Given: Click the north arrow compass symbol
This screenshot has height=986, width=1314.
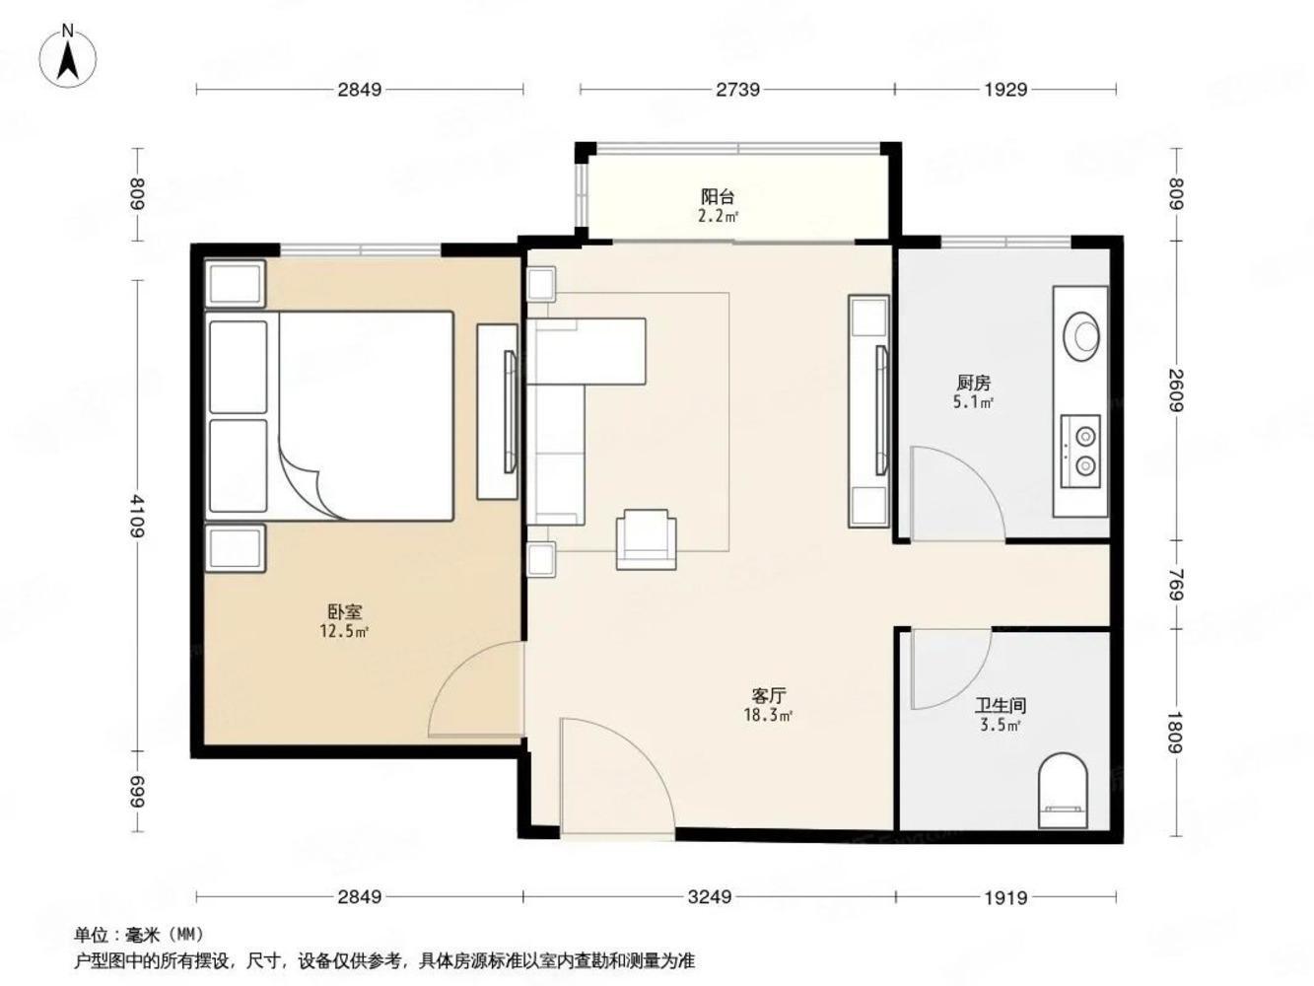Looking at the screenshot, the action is point(68,55).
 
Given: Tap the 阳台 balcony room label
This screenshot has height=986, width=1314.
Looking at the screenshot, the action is point(718,196).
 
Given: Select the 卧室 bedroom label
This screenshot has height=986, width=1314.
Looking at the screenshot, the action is point(345,612).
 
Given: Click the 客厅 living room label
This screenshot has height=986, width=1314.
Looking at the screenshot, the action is point(769,696).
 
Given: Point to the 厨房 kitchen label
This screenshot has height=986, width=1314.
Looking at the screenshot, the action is point(973,382).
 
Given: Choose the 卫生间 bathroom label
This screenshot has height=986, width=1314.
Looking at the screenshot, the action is point(1001,705).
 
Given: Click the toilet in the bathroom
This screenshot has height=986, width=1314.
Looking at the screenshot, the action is point(1063,791).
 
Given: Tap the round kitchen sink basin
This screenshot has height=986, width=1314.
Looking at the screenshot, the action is point(1081,335).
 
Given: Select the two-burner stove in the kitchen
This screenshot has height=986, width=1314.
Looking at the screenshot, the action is point(1080,452).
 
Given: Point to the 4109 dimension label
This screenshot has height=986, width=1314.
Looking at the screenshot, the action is point(137,516).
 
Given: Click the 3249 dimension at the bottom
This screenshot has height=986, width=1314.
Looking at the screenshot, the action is point(710,897).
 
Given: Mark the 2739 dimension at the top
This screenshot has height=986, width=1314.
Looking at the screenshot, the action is point(737,89).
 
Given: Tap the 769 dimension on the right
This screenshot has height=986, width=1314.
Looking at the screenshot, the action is point(1176,585).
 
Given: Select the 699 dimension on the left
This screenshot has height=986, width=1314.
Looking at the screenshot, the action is point(137,792).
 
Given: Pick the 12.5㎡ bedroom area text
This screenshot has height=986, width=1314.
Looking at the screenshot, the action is point(344,631).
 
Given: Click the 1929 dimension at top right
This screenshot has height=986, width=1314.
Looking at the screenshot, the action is point(1005,89).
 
